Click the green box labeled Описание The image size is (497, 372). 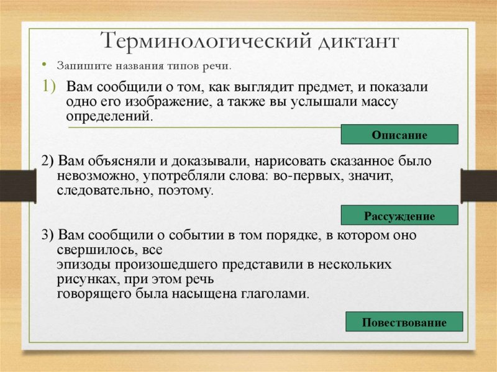pos(399,135)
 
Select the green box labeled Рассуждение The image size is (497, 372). pos(399,216)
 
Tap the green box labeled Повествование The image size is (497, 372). pos(404,322)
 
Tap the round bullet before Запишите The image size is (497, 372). pos(44,65)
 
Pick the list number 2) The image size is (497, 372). pos(48,161)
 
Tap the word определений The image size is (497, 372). pos(108,116)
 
